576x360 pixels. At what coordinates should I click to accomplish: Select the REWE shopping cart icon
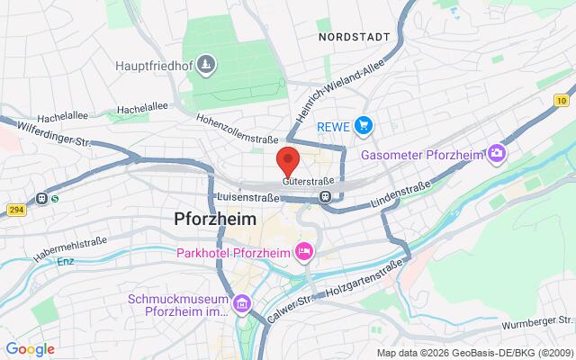click(363, 125)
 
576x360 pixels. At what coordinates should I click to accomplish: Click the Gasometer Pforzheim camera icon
click(496, 155)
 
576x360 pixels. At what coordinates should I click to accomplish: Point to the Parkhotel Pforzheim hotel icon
click(304, 251)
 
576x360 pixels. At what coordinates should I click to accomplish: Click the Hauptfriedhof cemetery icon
click(208, 65)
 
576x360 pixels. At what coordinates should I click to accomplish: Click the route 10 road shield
click(561, 100)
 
